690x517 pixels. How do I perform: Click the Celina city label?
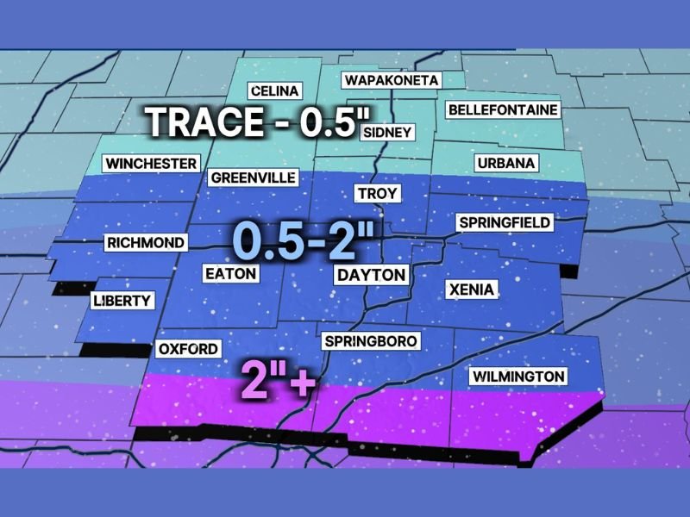point(274,91)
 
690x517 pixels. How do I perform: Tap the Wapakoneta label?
point(392,81)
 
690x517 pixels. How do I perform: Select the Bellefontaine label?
point(503,110)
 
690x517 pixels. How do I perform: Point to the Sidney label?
point(387,133)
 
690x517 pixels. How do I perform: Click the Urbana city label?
point(506,163)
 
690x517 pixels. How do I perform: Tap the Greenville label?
point(254,178)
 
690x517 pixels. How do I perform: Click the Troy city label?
point(377,193)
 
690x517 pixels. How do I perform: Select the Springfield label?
point(504,223)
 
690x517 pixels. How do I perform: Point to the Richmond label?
point(145,243)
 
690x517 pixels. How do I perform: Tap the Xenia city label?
point(470,290)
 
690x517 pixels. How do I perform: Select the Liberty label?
point(122,301)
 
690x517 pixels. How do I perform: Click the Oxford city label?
point(188,349)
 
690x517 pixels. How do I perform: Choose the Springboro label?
point(370,341)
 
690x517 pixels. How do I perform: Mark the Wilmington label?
point(517,377)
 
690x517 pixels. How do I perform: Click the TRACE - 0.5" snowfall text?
point(251,122)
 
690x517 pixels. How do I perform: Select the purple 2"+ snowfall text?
point(277,379)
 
